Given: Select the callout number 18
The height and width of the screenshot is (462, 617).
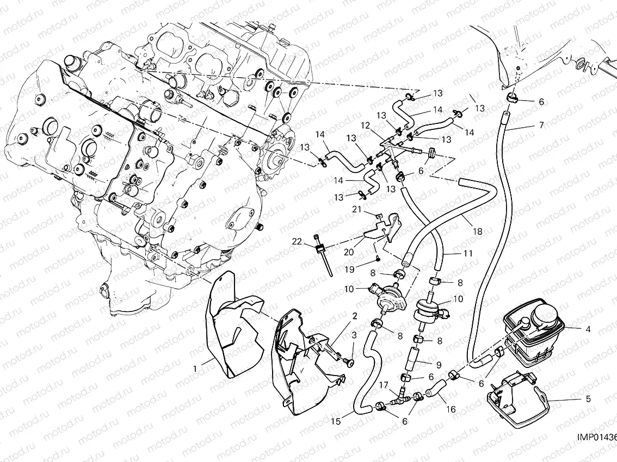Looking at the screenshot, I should click(x=478, y=232).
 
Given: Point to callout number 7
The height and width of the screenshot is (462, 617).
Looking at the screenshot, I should click(x=541, y=126).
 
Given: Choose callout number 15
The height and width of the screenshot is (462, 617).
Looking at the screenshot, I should click(x=335, y=421).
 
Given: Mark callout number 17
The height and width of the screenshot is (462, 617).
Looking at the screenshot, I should click(x=383, y=384).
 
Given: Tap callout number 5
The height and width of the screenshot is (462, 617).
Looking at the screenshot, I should click(x=587, y=398).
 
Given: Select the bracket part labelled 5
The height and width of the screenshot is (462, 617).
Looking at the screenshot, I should click(x=514, y=397).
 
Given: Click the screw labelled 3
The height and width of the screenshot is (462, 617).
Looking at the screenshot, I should click(x=351, y=362).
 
